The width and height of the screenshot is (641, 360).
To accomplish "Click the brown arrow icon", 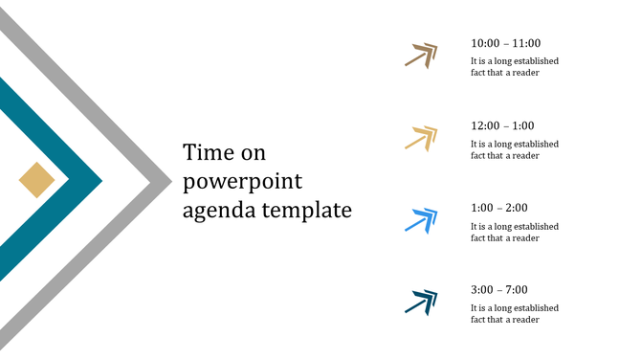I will pyautogui.click(x=421, y=56).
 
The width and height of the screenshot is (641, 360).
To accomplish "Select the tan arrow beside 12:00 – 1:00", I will pyautogui.click(x=421, y=138).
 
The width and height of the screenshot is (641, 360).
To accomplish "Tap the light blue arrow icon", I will pyautogui.click(x=421, y=220).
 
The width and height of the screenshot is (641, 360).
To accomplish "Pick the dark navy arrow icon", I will pyautogui.click(x=421, y=303).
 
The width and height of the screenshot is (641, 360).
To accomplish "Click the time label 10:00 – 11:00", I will pyautogui.click(x=505, y=43).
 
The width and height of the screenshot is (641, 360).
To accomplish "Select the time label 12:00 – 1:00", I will pyautogui.click(x=502, y=125).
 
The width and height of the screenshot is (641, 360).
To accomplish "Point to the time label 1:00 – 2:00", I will pyautogui.click(x=499, y=208).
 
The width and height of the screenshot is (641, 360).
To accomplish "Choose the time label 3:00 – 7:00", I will pyautogui.click(x=499, y=290).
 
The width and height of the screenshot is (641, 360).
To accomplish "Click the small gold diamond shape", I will pyautogui.click(x=36, y=179).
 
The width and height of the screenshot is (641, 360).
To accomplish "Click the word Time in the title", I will pyautogui.click(x=210, y=152).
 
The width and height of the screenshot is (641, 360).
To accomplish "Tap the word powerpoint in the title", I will pyautogui.click(x=242, y=181).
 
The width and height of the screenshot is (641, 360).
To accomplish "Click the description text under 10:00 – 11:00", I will pyautogui.click(x=514, y=67).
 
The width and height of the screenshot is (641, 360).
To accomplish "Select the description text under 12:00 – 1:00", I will pyautogui.click(x=514, y=149).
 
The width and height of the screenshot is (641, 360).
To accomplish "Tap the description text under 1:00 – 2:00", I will pyautogui.click(x=514, y=232).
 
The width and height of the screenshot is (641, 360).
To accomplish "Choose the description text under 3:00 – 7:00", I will pyautogui.click(x=514, y=314).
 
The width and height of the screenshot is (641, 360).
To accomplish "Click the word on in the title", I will pyautogui.click(x=254, y=153).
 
